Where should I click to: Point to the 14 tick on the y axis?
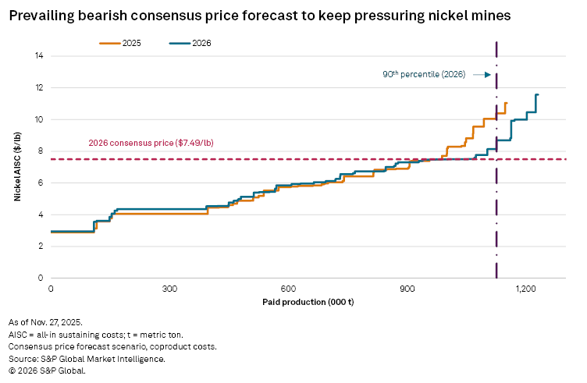39,55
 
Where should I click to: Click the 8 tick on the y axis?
41,151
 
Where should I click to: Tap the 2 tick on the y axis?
41,246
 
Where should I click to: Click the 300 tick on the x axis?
169,289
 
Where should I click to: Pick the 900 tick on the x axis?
407,289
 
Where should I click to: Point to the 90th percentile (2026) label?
423,75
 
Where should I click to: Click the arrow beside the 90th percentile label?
482,75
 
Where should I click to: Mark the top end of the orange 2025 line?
506,103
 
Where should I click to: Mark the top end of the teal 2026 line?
537,94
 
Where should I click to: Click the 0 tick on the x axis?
51,289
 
